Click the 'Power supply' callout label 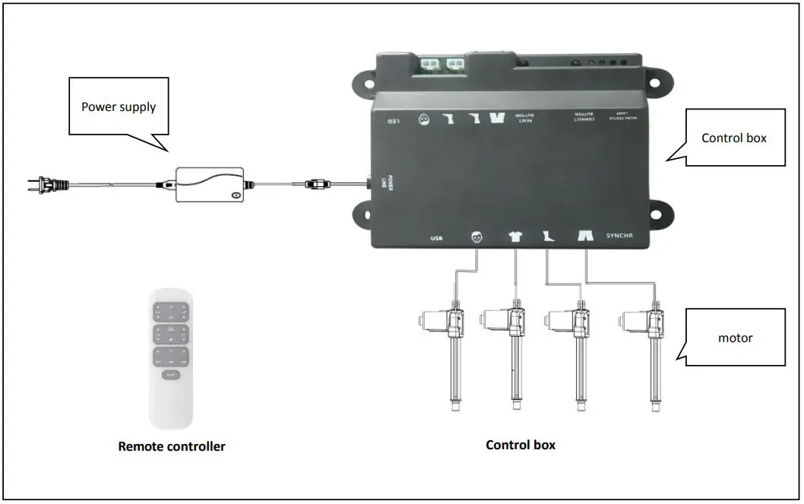tap(119, 106)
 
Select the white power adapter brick tap(210, 184)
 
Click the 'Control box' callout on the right tap(734, 138)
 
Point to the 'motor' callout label tap(736, 338)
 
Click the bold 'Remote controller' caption tap(172, 446)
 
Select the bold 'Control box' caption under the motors tap(521, 445)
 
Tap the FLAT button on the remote tap(171, 374)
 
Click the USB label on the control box tap(437, 237)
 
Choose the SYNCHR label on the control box tap(619, 236)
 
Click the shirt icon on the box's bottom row tap(515, 236)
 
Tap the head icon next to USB tap(476, 236)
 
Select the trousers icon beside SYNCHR tap(585, 236)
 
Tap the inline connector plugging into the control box tap(316, 183)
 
